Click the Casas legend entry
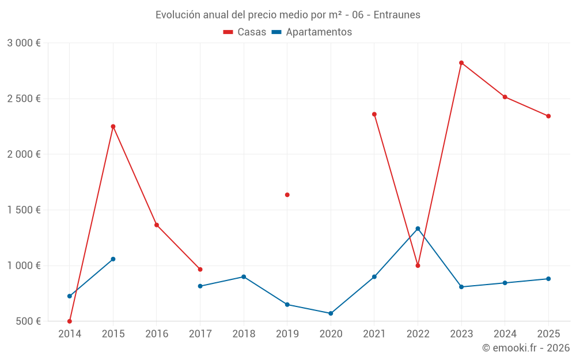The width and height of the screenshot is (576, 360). (x=245, y=32)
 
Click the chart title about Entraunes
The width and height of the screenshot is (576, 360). (x=288, y=15)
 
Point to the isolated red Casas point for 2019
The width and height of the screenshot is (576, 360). (x=287, y=195)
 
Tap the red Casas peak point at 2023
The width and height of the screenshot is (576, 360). (x=461, y=63)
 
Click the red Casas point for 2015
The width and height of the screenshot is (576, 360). (x=113, y=127)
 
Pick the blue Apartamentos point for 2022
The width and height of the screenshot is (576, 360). (x=418, y=229)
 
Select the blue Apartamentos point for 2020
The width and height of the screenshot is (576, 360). (x=331, y=313)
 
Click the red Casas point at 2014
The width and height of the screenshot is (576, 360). (x=70, y=321)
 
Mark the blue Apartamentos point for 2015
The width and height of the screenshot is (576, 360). (x=113, y=259)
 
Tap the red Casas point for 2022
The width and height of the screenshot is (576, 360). (x=418, y=266)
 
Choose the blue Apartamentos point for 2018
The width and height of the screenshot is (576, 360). (x=244, y=277)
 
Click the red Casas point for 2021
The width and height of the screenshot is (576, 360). (x=374, y=114)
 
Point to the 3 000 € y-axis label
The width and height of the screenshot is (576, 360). (x=24, y=43)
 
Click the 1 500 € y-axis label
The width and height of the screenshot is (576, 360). (x=24, y=210)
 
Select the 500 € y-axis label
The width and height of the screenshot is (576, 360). (x=27, y=321)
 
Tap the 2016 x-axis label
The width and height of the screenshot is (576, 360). (x=157, y=334)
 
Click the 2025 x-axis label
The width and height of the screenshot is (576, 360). (x=548, y=334)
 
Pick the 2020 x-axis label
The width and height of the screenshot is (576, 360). (x=331, y=334)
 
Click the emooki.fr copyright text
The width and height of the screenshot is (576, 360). (x=525, y=348)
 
